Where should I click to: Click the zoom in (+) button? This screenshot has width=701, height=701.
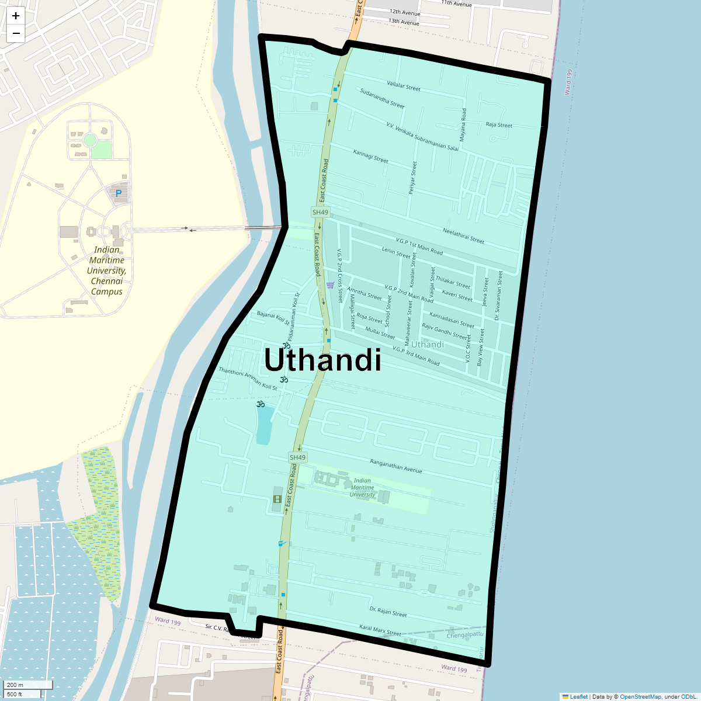pos(16,16)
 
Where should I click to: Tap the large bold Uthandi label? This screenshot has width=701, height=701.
pos(323,360)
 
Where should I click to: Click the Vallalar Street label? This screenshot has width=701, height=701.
pos(404,87)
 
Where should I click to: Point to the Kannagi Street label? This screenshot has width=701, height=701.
pos(370,156)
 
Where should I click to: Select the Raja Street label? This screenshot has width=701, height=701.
pos(499,125)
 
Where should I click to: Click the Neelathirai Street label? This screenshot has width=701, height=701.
pos(463,236)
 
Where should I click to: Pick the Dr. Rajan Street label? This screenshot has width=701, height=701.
pos(388,612)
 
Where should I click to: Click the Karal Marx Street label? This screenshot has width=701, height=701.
pos(380,630)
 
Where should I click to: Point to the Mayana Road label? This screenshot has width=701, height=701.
pos(463,125)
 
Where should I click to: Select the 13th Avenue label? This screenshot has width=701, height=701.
pos(404,22)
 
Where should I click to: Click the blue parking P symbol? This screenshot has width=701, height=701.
pos(119,193)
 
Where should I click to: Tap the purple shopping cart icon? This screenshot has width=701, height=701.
pos(331,285)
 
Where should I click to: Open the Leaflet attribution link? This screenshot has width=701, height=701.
pos(578,696)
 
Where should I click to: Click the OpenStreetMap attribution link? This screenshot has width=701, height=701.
pos(640,696)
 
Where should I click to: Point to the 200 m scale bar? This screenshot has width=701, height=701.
pos(28,685)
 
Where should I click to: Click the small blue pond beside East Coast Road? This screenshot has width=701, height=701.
pos(264,424)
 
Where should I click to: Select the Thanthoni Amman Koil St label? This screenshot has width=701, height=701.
pos(248,379)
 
